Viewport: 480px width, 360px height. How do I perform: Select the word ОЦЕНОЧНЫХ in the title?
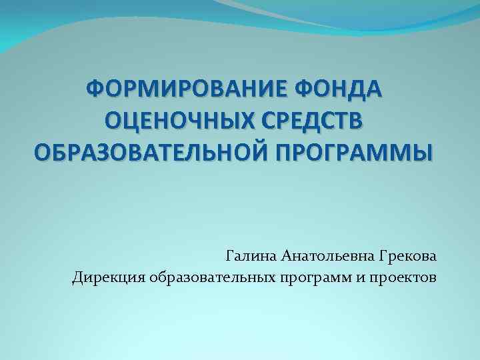tap(175, 121)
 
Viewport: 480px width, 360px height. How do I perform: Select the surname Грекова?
tap(409, 255)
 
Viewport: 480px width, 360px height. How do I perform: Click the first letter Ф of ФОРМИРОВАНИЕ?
tap(95, 88)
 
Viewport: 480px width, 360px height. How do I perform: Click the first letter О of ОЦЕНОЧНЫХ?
tap(113, 121)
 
